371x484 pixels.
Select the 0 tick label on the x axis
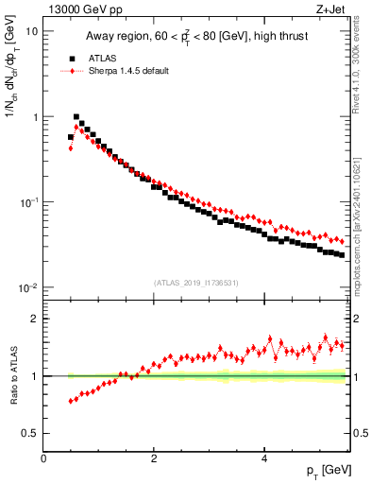44,458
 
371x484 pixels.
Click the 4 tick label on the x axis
264,458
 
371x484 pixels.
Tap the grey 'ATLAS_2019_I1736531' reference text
196,282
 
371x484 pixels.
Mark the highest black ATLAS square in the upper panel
76,117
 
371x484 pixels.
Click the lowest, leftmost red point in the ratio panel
71,402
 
